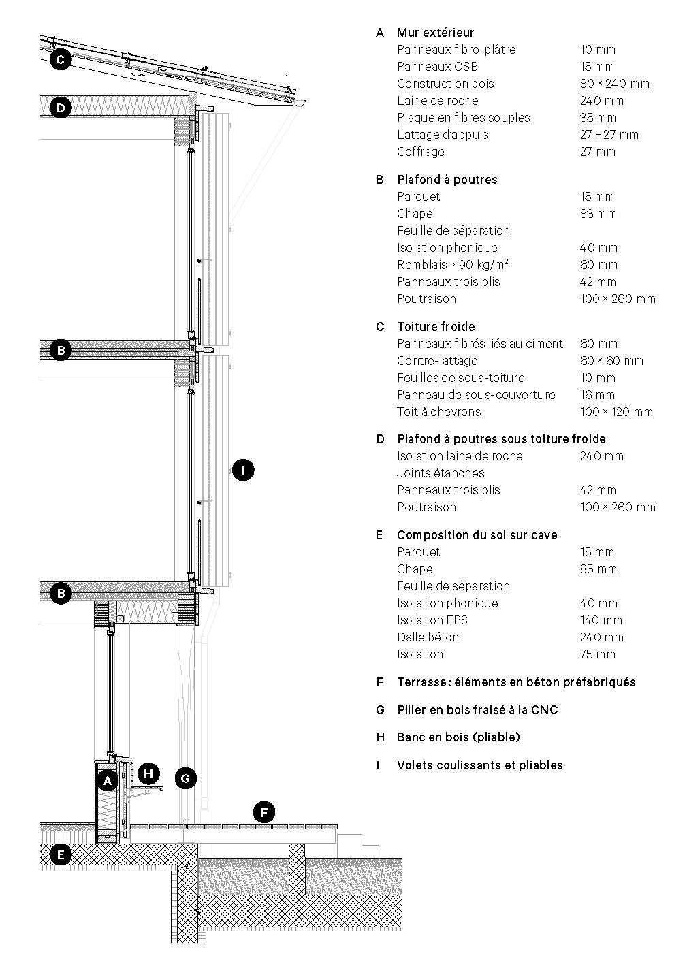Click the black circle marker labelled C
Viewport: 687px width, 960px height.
coord(61,60)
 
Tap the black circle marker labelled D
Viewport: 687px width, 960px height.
coord(61,108)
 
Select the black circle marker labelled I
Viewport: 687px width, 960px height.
coord(243,470)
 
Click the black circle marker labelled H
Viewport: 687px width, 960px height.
coord(148,773)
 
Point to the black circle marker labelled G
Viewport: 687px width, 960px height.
coord(185,778)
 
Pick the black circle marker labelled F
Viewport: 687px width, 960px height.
coord(263,812)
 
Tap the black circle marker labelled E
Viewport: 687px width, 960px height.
coord(61,854)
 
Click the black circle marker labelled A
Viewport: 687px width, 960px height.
coord(107,780)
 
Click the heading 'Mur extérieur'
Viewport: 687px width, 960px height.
coord(435,33)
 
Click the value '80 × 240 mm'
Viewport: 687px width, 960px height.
coord(615,84)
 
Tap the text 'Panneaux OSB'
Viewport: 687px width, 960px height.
coord(437,67)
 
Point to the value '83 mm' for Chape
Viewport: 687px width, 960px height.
coord(598,214)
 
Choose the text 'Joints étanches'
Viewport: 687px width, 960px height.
coord(441,473)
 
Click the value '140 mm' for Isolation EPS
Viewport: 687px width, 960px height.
coord(601,620)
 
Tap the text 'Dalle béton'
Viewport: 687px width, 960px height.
coord(428,637)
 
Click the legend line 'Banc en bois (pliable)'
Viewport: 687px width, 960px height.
coord(458,737)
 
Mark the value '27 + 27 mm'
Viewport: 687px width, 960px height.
coord(609,135)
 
